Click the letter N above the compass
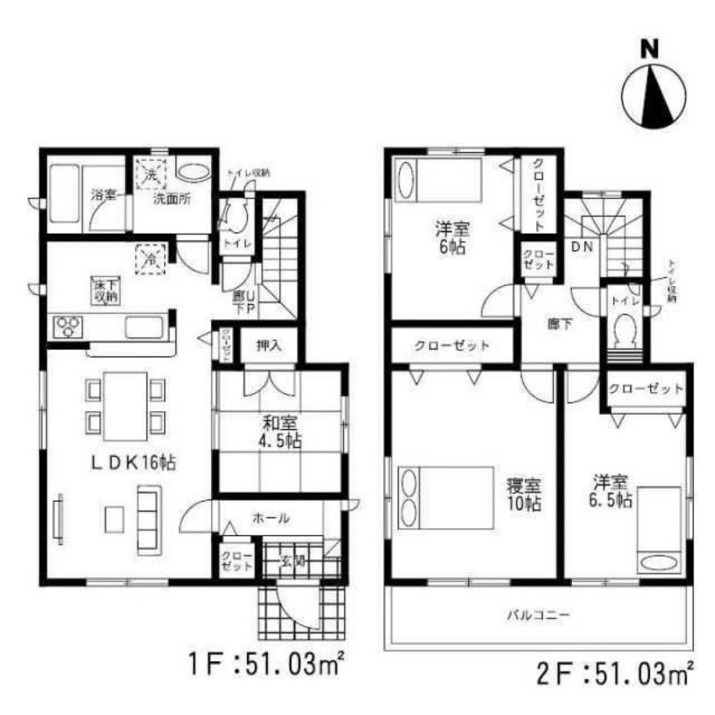(649, 49)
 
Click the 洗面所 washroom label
(172, 200)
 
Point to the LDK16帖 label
(133, 463)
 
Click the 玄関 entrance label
(294, 561)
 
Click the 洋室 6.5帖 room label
(611, 490)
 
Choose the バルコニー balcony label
(538, 614)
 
